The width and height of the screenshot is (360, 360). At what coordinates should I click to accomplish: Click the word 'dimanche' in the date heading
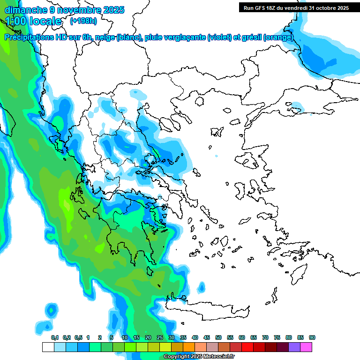click(x=26, y=9)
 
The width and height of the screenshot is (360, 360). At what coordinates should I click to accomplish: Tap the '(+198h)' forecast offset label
click(x=84, y=21)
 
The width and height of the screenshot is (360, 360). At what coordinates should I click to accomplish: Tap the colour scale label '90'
click(x=312, y=337)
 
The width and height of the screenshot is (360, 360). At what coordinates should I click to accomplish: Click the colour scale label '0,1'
click(x=54, y=337)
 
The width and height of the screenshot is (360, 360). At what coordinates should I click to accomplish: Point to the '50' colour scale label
click(x=218, y=337)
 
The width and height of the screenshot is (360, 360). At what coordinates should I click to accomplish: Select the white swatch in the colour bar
click(x=48, y=347)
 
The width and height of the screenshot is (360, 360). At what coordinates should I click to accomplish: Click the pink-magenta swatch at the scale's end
click(x=306, y=347)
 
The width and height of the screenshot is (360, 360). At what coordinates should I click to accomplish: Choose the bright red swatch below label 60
click(x=247, y=347)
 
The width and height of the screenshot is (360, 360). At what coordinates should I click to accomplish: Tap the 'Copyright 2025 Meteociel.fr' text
click(x=199, y=357)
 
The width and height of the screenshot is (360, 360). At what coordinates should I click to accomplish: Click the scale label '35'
click(x=183, y=337)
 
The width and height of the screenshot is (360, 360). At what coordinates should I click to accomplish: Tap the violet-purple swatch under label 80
click(x=294, y=347)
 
